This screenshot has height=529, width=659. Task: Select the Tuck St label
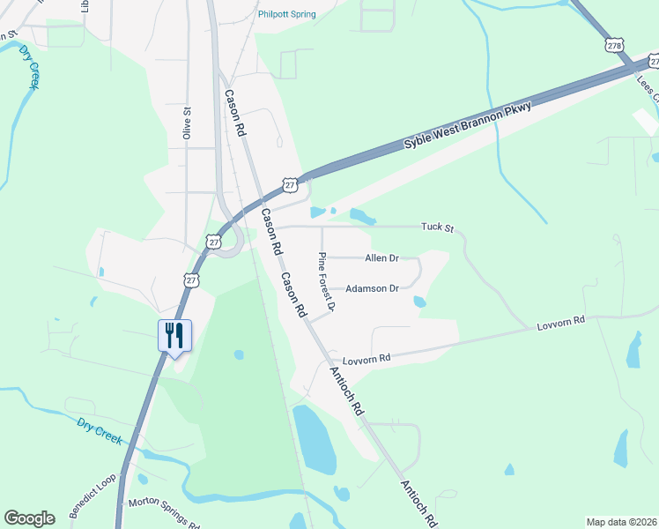click(436, 228)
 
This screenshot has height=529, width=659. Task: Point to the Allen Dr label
click(382, 258)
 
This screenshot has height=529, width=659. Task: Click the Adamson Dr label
click(373, 288)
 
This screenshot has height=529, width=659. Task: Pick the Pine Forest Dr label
click(326, 282)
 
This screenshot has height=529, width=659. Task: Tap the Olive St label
click(187, 123)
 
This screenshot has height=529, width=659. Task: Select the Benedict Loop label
click(93, 500)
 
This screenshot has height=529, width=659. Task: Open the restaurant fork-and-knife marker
click(174, 335)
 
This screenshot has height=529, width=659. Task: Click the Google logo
click(29, 518)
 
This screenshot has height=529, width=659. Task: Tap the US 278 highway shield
click(615, 43)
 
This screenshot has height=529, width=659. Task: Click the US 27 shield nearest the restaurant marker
click(191, 279)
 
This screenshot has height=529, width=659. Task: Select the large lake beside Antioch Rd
click(315, 439)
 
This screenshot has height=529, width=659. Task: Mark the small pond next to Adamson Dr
click(419, 302)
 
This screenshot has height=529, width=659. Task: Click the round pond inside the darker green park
click(239, 355)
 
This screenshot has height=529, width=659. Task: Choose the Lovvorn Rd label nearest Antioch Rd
click(366, 360)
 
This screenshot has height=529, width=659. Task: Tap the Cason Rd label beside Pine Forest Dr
click(292, 295)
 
